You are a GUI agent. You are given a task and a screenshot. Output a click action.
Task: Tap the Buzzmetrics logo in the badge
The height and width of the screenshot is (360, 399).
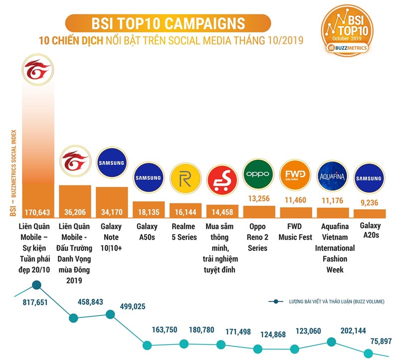[348, 48]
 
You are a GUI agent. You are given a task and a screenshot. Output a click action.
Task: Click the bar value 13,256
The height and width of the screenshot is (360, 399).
[258, 198]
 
